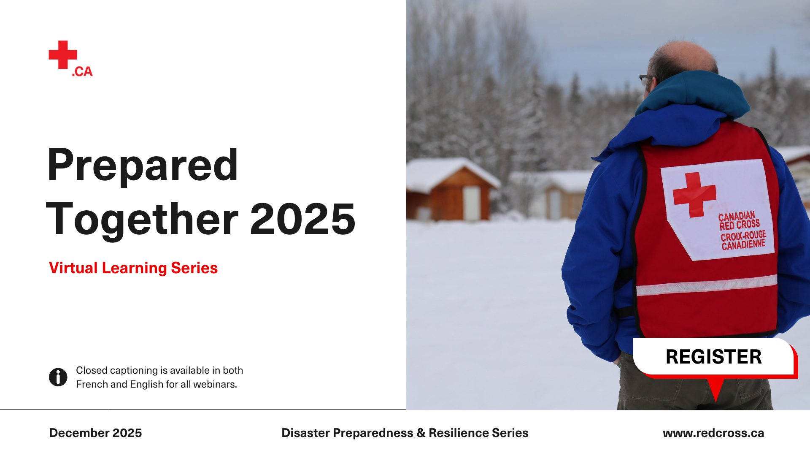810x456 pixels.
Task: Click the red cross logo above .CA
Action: (x=63, y=54)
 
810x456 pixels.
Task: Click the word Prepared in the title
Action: (x=143, y=166)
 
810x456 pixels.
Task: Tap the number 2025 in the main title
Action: (x=303, y=219)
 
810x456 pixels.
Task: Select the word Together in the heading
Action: (x=142, y=220)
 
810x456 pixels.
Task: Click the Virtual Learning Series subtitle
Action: (x=133, y=268)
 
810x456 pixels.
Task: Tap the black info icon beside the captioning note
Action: (x=58, y=377)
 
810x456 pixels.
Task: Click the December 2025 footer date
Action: (x=96, y=433)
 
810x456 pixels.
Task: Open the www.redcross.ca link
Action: (x=713, y=433)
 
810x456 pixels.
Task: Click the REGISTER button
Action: (x=713, y=357)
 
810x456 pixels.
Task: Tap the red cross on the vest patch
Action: (x=694, y=194)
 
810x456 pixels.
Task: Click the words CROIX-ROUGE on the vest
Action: (x=743, y=235)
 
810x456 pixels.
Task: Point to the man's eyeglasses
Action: (x=645, y=79)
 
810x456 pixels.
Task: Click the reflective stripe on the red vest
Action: (x=707, y=285)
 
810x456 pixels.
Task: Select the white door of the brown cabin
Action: (x=472, y=203)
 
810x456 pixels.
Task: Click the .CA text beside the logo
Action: (x=82, y=72)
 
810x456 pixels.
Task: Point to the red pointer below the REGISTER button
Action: (x=716, y=389)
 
